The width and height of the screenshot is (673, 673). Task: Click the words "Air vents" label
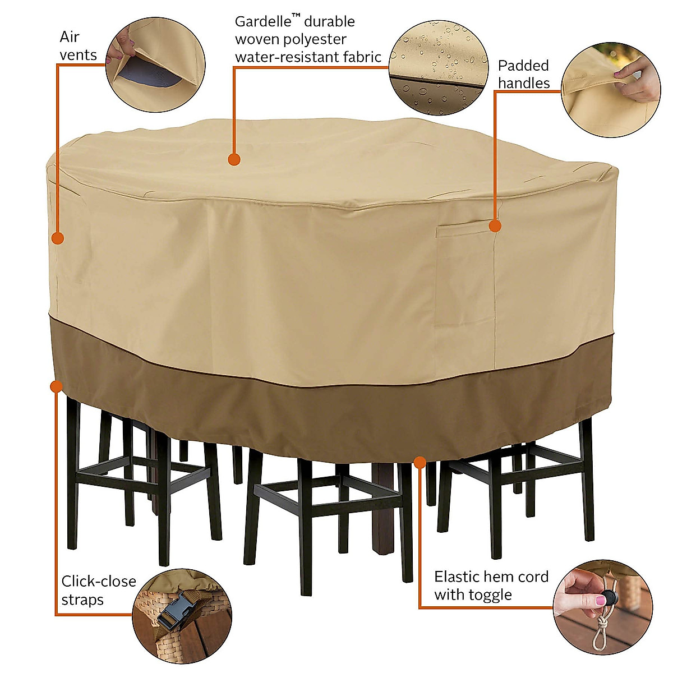(79, 46)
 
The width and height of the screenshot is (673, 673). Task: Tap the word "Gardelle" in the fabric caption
(261, 22)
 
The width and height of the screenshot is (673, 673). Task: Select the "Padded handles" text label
(524, 74)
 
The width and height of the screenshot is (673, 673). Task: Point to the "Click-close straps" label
(99, 590)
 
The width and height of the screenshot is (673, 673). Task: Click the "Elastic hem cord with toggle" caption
(491, 585)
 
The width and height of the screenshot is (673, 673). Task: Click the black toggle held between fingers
(609, 598)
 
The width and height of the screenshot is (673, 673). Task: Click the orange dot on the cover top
(234, 160)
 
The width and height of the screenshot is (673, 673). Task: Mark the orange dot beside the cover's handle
(495, 226)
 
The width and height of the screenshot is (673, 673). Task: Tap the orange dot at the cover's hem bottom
(419, 461)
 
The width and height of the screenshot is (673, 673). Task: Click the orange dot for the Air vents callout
(57, 238)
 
